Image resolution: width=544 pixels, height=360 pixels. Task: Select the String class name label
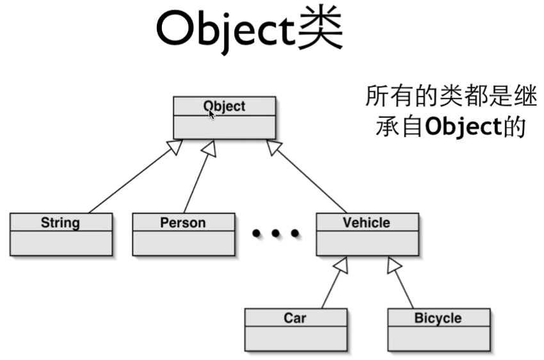tap(60, 223)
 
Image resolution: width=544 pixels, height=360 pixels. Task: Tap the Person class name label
tap(183, 223)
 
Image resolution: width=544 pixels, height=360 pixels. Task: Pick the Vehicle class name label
tap(366, 223)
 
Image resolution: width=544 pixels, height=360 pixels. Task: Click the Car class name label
tap(295, 318)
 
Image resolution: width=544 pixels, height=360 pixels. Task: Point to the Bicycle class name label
tap(438, 318)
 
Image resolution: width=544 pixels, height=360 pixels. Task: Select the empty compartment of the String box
tap(61, 243)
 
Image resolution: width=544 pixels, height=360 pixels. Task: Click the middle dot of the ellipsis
tap(276, 234)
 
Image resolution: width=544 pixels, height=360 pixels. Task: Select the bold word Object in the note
tap(462, 127)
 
